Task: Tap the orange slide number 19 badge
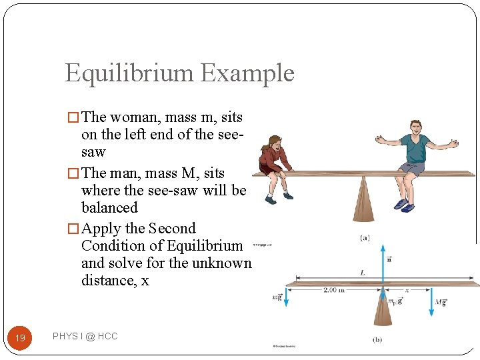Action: (20, 338)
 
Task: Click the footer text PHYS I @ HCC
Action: (85, 337)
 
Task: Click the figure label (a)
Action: (365, 237)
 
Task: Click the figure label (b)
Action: (377, 339)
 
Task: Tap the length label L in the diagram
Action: (362, 273)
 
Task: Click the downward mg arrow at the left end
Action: (285, 297)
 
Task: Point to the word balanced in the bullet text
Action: (109, 207)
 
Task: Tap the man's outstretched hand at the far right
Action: (454, 143)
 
